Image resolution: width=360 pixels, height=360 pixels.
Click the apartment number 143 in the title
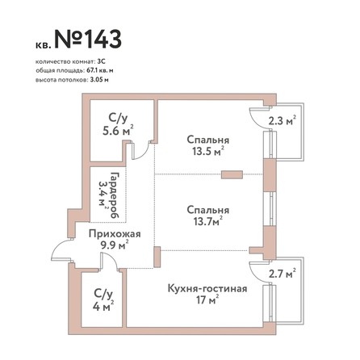tap(104, 39)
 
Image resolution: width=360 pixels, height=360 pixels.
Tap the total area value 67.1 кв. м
tap(100, 71)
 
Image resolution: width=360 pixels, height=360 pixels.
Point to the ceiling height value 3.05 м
tap(98, 80)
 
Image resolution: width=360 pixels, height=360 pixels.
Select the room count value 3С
tap(102, 61)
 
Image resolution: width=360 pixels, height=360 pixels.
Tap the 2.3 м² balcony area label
tap(283, 121)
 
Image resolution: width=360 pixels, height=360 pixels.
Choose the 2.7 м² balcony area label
tap(283, 274)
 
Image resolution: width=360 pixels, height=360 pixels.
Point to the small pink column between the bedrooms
tap(232, 174)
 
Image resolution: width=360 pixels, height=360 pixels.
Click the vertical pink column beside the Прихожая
tap(157, 257)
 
